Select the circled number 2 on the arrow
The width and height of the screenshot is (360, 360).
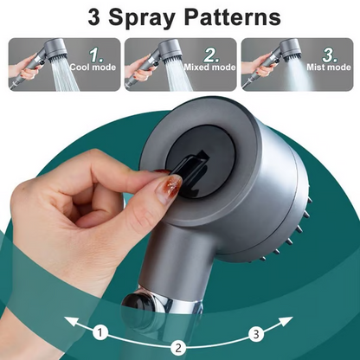[x=179, y=348]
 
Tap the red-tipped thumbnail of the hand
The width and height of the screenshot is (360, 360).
[x=171, y=185]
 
